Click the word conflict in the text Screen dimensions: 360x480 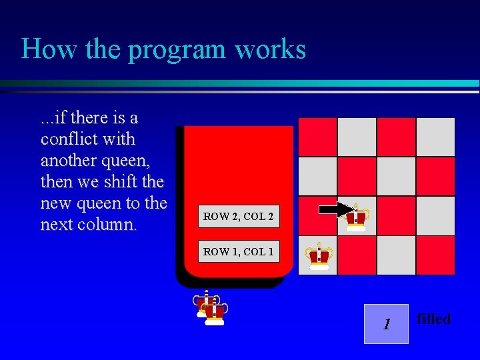coord(69,139)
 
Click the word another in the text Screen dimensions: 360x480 coord(65,161)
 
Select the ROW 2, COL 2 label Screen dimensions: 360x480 coord(238,217)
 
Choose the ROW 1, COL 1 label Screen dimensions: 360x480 coord(238,251)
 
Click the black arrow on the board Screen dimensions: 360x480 coord(337,210)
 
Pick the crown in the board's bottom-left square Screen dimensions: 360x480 coord(319,256)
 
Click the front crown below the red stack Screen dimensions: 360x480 coord(215,312)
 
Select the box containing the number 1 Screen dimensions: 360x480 coord(386,324)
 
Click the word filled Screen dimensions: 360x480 coord(433,319)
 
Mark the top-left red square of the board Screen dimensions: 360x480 coord(317,137)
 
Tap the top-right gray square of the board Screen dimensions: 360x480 coord(435,137)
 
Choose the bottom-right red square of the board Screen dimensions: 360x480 coord(435,255)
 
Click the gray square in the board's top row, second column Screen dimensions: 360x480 coord(357,137)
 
